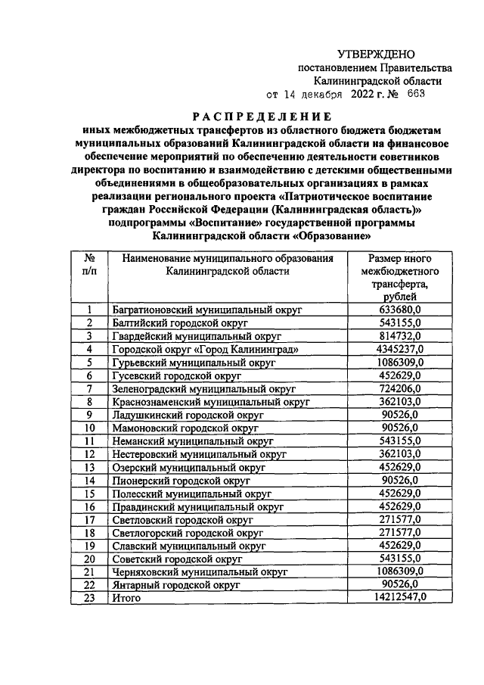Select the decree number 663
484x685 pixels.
416,95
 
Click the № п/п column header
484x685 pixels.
89,265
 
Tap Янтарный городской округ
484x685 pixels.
176,585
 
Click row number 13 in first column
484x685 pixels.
89,467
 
